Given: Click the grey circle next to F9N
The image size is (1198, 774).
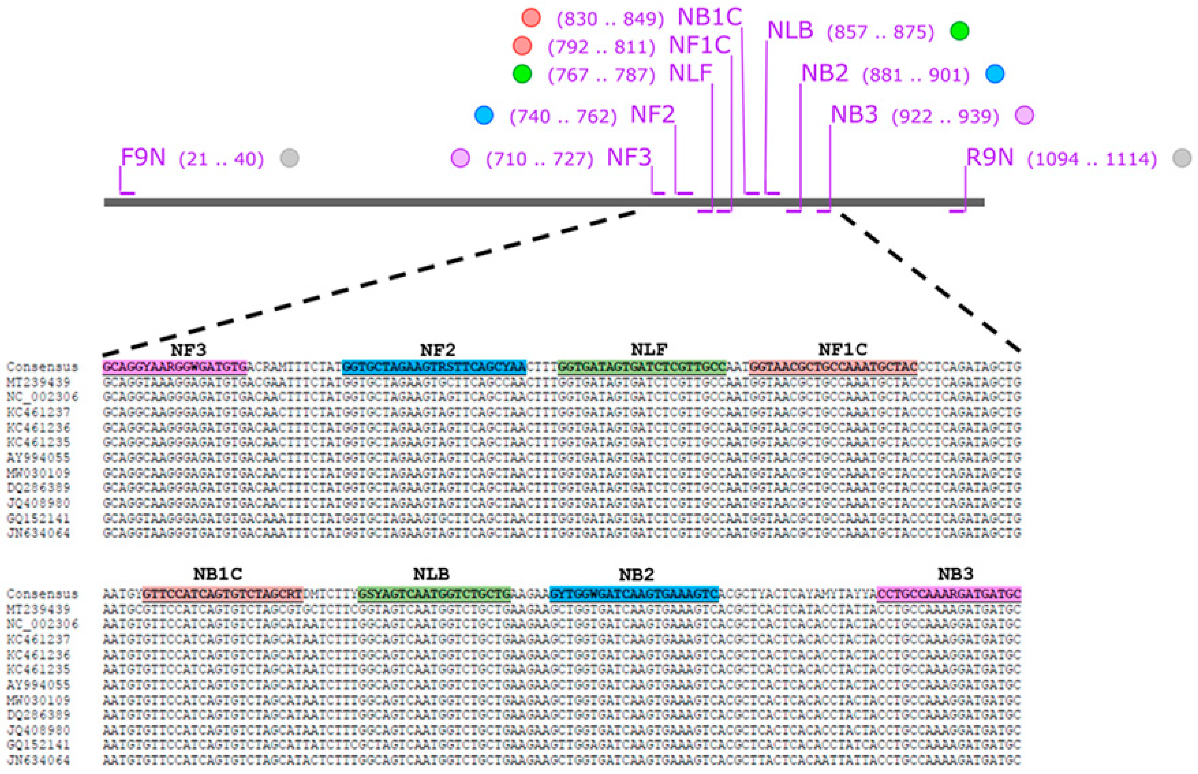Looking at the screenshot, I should pyautogui.click(x=289, y=158).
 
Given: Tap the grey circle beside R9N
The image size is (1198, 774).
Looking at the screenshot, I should pyautogui.click(x=1181, y=158).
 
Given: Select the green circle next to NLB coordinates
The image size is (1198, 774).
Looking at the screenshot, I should pyautogui.click(x=959, y=31).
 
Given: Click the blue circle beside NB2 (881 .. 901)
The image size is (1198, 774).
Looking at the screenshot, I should pyautogui.click(x=995, y=74).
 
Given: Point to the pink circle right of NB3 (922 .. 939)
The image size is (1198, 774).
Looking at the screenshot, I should pyautogui.click(x=1024, y=115).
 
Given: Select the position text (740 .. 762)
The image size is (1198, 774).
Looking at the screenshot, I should pyautogui.click(x=563, y=117).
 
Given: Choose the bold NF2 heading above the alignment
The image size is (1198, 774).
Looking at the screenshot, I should pyautogui.click(x=438, y=349).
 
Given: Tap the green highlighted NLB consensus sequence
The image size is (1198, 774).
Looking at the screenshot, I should pyautogui.click(x=434, y=594).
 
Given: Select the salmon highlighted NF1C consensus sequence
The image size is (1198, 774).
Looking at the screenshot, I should pyautogui.click(x=833, y=367).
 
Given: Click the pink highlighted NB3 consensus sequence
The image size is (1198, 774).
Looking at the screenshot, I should pyautogui.click(x=949, y=594).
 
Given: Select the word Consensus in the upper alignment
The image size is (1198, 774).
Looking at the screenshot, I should pyautogui.click(x=42, y=367).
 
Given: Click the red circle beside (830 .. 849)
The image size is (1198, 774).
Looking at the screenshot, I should pyautogui.click(x=531, y=18).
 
